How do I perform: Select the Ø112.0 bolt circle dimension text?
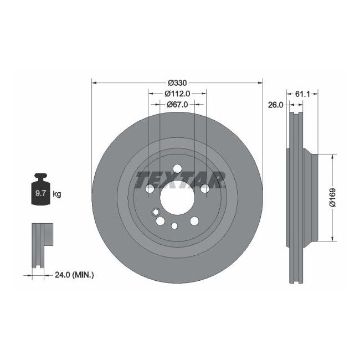pyautogui.click(x=177, y=94)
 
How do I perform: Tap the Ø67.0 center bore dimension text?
pyautogui.click(x=177, y=104)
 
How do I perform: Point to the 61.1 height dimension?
pyautogui.click(x=302, y=94)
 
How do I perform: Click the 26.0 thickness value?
pyautogui.click(x=275, y=104)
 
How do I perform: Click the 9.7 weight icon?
pyautogui.click(x=40, y=192)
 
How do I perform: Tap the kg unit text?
pyautogui.click(x=56, y=194)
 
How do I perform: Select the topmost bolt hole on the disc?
pyautogui.click(x=177, y=168)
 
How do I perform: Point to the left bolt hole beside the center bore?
pyautogui.click(x=150, y=189)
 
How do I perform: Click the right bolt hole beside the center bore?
pyautogui.click(x=204, y=189)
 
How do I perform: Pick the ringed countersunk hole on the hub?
pyautogui.click(x=156, y=212)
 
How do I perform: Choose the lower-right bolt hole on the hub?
pyautogui.click(x=194, y=221)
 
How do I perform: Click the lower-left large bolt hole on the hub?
pyautogui.click(x=160, y=221)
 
